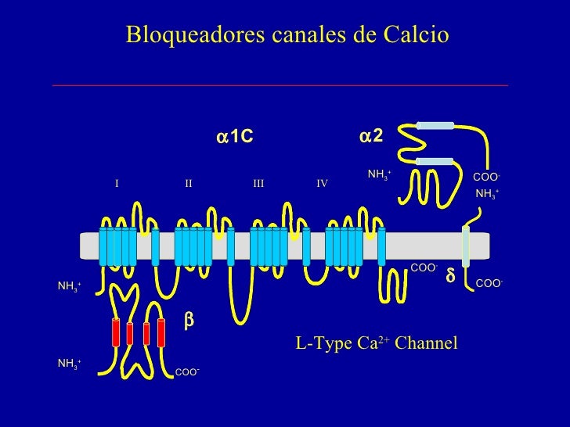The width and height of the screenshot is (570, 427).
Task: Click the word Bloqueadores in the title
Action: pyautogui.click(x=195, y=35)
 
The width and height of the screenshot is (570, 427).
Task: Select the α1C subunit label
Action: pyautogui.click(x=235, y=138)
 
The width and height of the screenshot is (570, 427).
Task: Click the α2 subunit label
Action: pyautogui.click(x=371, y=136)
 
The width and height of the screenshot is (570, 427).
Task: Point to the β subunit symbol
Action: pyautogui.click(x=189, y=321)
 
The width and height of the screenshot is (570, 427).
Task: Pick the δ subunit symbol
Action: pyautogui.click(x=450, y=275)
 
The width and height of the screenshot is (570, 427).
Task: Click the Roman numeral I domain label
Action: pyautogui.click(x=117, y=183)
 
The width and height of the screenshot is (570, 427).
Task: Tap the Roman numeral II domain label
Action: pyautogui.click(x=188, y=183)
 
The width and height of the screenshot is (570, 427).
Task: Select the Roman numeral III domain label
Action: pyautogui.click(x=258, y=183)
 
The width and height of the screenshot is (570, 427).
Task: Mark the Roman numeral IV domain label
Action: pyautogui.click(x=322, y=183)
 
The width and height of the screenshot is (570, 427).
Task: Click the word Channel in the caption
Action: pyautogui.click(x=426, y=343)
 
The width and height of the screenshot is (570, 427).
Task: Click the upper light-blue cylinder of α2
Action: pyautogui.click(x=435, y=126)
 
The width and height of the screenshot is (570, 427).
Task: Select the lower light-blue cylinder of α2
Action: pyautogui.click(x=435, y=162)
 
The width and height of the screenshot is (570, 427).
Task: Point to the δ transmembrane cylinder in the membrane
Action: pyautogui.click(x=466, y=246)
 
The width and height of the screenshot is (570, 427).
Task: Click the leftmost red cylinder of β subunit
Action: pyautogui.click(x=116, y=332)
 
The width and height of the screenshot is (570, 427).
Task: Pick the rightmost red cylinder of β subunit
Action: pyautogui.click(x=161, y=332)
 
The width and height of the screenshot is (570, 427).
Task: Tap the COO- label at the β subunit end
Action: pyautogui.click(x=187, y=372)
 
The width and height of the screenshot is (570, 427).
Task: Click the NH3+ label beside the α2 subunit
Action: pyautogui.click(x=380, y=174)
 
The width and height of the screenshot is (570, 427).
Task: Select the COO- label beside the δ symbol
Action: pyautogui.click(x=489, y=283)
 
